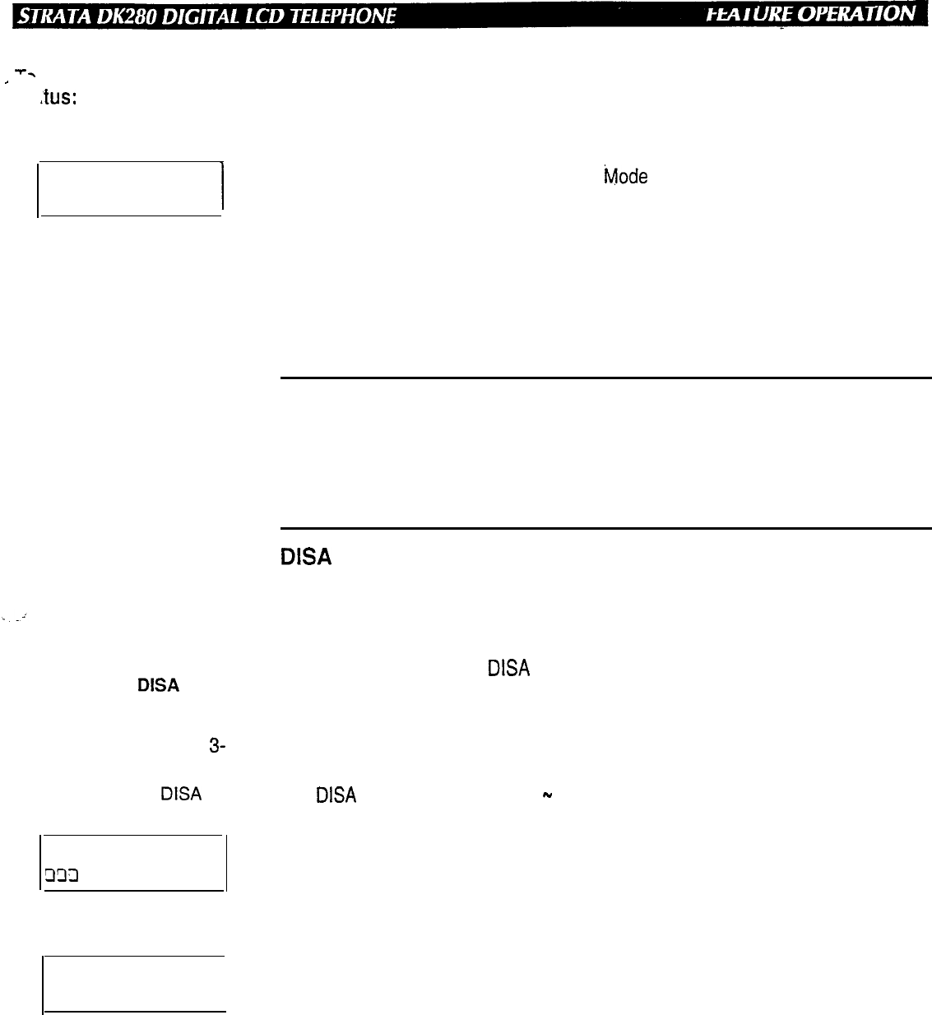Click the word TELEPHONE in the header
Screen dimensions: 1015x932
pos(344,15)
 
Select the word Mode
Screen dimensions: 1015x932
pos(625,177)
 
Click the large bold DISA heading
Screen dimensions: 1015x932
pos(306,557)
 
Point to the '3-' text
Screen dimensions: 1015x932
pos(217,747)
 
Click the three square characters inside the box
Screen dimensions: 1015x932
pos(61,875)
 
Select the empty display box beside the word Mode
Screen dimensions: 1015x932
pos(130,189)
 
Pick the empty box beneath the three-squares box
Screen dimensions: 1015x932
pos(134,984)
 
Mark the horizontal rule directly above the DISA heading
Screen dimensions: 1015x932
pos(605,528)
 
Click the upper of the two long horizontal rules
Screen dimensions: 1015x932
pos(605,378)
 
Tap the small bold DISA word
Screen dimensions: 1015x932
pos(158,685)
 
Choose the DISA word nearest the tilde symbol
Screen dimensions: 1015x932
pos(336,795)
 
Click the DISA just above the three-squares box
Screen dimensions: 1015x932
pos(181,794)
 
